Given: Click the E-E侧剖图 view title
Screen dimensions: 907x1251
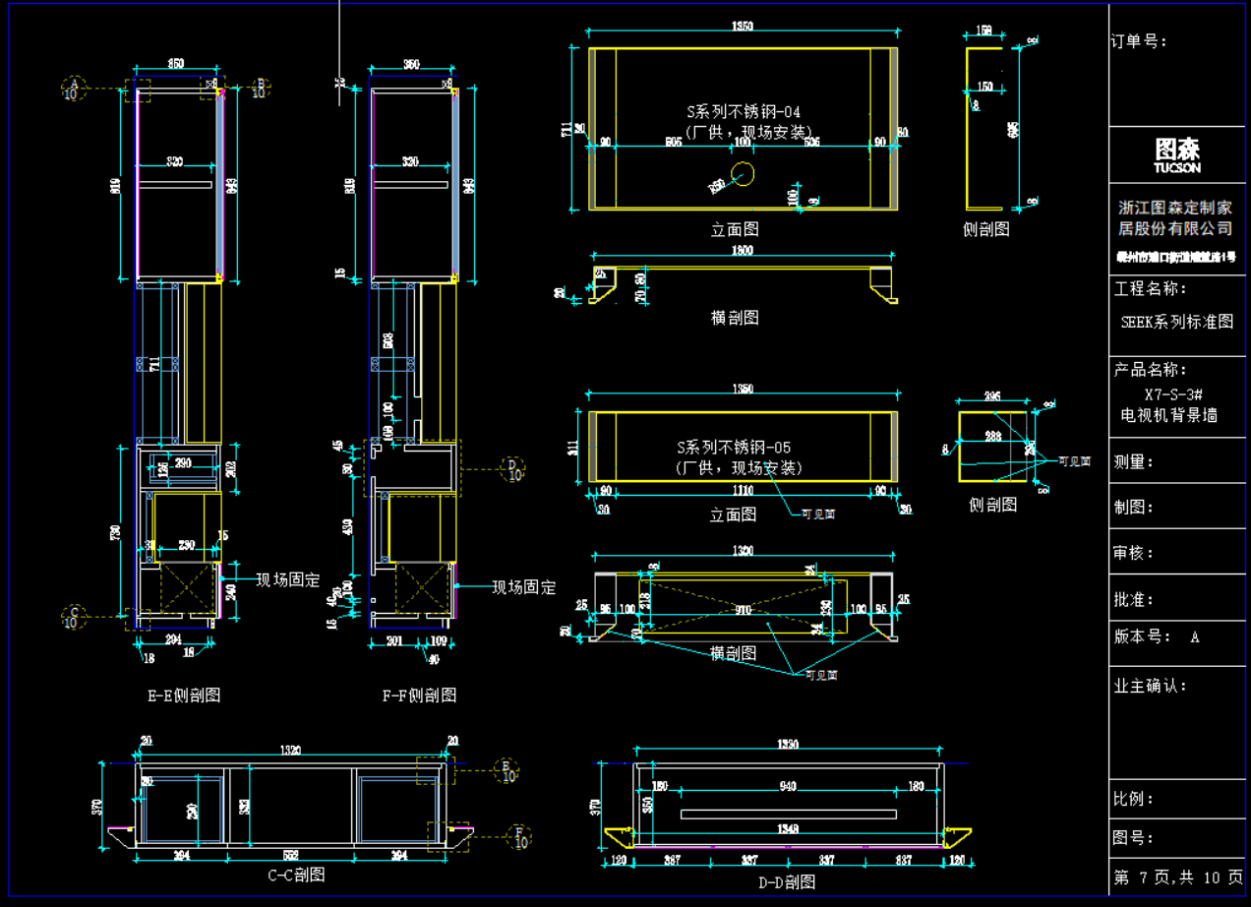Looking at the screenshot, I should coord(184,695).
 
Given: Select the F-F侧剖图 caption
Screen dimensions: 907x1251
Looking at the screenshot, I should coord(419,695).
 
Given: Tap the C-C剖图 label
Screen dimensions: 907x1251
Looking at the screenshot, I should coord(296,874).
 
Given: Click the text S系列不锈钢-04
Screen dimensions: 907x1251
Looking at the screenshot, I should coord(743,112).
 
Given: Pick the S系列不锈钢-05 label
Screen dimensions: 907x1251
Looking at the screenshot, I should coord(739,448).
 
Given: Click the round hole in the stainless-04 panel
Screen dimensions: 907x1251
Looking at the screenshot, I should coord(743,174).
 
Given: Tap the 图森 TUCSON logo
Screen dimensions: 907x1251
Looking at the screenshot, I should coord(1177,154).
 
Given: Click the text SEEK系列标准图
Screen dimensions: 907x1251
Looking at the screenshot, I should coord(1176,322).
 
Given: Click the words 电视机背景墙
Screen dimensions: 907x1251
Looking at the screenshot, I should coord(1169,415).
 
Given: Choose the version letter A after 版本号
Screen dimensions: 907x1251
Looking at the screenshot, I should coord(1195,636).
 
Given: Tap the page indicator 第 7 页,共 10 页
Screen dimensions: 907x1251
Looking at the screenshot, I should coord(1177,877).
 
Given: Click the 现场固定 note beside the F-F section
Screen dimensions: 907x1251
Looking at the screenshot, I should coord(524,587).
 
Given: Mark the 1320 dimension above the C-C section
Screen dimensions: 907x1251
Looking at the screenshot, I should coord(290,751).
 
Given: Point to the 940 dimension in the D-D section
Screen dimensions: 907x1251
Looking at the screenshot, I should coord(787,786).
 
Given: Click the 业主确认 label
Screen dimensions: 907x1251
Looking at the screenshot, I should coord(1150,686).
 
